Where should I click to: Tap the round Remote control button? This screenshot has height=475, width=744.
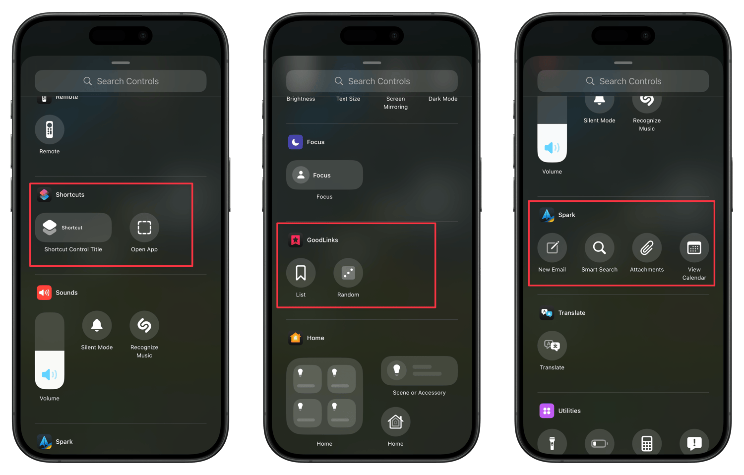[50, 129]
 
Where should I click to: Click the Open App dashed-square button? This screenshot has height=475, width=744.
[144, 228]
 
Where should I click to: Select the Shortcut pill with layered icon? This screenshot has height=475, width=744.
[73, 228]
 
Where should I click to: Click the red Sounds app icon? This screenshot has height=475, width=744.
[44, 293]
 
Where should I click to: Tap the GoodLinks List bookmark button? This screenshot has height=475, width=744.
[301, 273]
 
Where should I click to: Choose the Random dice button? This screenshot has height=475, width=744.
[348, 273]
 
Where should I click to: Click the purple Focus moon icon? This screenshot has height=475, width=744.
[296, 142]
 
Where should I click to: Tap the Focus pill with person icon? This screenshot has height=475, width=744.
[324, 175]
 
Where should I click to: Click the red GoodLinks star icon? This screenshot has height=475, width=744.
[296, 240]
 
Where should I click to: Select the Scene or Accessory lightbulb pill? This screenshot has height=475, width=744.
[419, 370]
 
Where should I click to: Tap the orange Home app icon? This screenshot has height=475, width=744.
[296, 338]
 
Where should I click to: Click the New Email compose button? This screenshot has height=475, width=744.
[552, 248]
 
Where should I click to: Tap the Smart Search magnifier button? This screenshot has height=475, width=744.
[599, 248]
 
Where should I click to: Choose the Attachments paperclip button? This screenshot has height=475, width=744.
[647, 248]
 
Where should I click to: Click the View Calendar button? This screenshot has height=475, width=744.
[694, 248]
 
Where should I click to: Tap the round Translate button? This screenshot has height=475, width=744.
[552, 346]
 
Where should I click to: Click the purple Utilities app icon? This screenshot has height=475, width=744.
[547, 411]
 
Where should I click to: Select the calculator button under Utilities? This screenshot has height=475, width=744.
[647, 443]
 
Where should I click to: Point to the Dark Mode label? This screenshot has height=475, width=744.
[443, 99]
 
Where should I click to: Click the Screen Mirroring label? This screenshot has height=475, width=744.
[395, 103]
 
